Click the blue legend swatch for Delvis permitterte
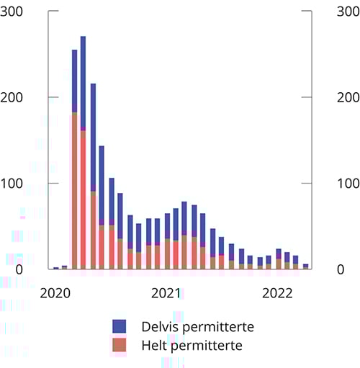pyautogui.click(x=120, y=326)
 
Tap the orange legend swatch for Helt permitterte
pyautogui.click(x=120, y=345)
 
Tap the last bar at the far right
pyautogui.click(x=305, y=266)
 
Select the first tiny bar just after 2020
pyautogui.click(x=56, y=268)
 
